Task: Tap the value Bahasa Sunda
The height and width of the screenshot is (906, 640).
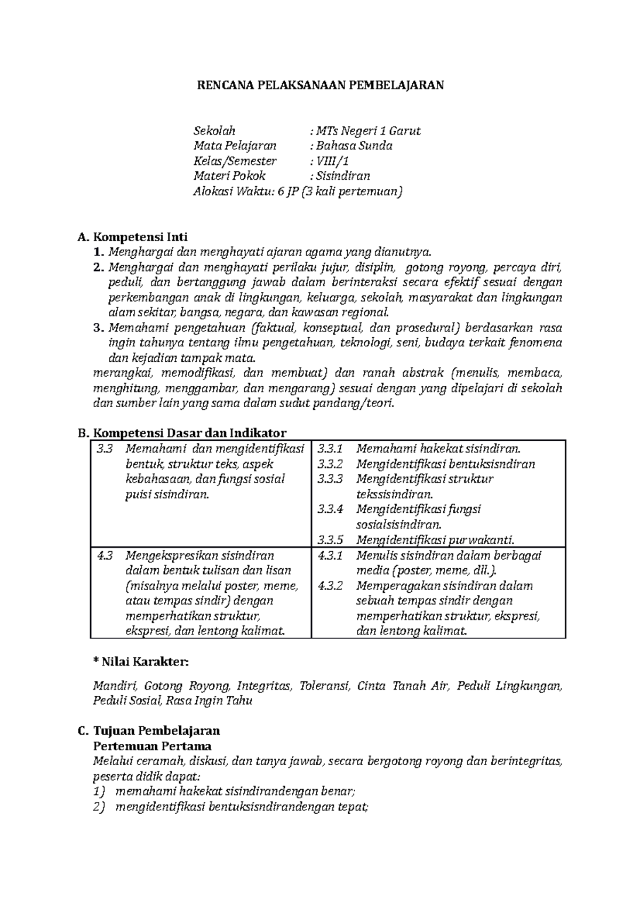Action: coord(354,146)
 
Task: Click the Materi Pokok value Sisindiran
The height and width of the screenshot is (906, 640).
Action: coord(342,176)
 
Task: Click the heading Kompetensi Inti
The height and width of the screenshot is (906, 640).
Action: coord(140,237)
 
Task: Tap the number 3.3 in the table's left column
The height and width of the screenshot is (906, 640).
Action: coord(105,449)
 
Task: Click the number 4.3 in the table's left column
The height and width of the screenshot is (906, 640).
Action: coord(105,555)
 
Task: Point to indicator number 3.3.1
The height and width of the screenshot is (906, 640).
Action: coord(330,449)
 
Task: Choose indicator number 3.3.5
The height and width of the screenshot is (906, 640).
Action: coord(330,539)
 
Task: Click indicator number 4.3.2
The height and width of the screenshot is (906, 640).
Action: coord(330,586)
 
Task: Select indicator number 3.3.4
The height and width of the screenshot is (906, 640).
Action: coord(330,509)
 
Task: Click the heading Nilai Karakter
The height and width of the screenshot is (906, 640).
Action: coord(141,662)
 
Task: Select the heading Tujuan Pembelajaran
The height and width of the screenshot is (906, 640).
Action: coord(156,730)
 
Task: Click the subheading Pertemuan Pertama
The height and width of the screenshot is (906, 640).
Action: coord(152,746)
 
